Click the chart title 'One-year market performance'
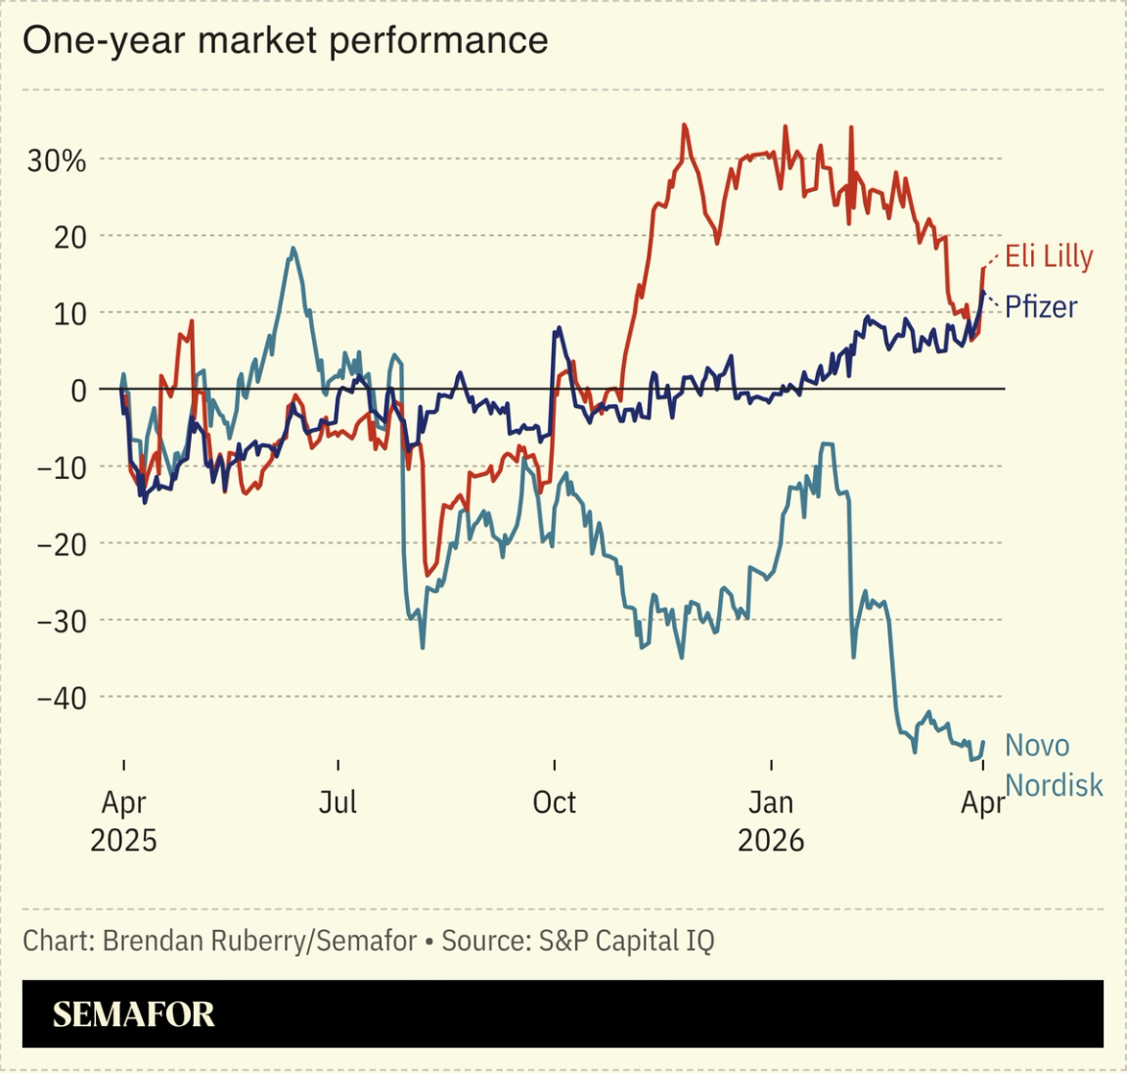pyautogui.click(x=285, y=41)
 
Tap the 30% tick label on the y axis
pyautogui.click(x=57, y=161)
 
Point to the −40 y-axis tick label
pyautogui.click(x=62, y=698)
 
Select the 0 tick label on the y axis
pyautogui.click(x=78, y=391)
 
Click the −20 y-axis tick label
pyautogui.click(x=62, y=544)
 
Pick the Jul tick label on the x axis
pyautogui.click(x=338, y=803)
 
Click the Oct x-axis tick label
pyautogui.click(x=554, y=803)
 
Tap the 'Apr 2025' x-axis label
pyautogui.click(x=123, y=821)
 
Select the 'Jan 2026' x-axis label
pyautogui.click(x=771, y=821)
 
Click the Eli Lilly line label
pyautogui.click(x=1049, y=257)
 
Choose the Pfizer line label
pyautogui.click(x=1041, y=306)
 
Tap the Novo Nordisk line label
pyautogui.click(x=1053, y=766)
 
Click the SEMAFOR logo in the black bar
pyautogui.click(x=133, y=1014)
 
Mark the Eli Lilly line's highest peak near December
pyautogui.click(x=684, y=125)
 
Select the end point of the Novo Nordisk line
pyautogui.click(x=982, y=741)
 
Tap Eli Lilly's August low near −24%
pyautogui.click(x=427, y=574)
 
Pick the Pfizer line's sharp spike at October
pyautogui.click(x=557, y=329)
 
